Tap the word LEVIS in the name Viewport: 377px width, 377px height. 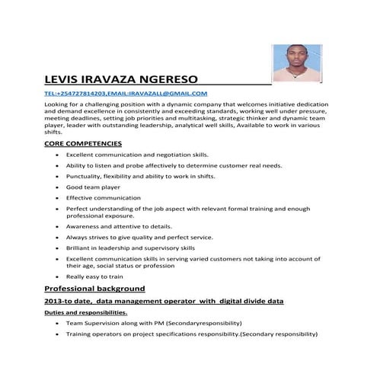click(x=64, y=78)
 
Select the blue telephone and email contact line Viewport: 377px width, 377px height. click(x=126, y=93)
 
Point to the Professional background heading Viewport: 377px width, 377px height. click(x=95, y=289)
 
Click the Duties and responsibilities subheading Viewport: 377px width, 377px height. click(x=86, y=312)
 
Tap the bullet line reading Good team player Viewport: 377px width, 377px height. click(x=94, y=186)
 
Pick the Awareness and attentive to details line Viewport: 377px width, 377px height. click(x=118, y=226)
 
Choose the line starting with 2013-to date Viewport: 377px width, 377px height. click(x=165, y=302)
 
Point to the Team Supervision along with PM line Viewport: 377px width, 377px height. click(x=154, y=323)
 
